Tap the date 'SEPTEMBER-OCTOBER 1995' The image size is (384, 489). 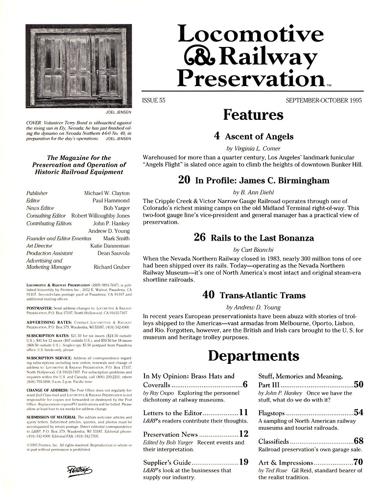click(x=324, y=100)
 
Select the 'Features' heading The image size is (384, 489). click(x=253, y=115)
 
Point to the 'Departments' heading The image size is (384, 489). click(x=253, y=356)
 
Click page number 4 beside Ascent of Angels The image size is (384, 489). click(x=217, y=136)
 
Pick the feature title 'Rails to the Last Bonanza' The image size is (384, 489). click(x=262, y=238)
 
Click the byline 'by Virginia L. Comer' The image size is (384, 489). click(x=253, y=148)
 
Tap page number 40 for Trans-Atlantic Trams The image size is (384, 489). click(x=209, y=295)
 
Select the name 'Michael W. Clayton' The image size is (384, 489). click(x=107, y=193)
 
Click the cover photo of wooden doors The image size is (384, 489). click(x=78, y=66)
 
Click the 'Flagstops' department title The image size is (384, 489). click(x=271, y=413)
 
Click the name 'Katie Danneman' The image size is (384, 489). click(x=110, y=246)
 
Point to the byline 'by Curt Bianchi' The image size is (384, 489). click(x=253, y=249)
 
